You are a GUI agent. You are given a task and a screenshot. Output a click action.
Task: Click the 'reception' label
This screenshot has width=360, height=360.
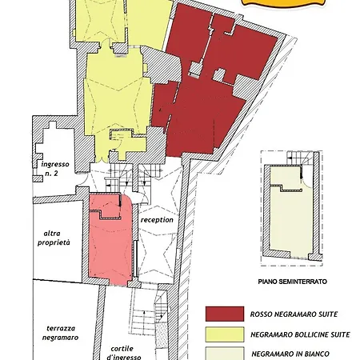point(157,220)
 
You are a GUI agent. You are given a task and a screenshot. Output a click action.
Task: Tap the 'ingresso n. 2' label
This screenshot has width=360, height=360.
point(54,169)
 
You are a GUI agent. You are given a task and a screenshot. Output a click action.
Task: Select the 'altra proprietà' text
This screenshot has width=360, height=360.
point(54,238)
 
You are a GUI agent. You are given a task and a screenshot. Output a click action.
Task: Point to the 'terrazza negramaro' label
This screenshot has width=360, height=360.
point(61,333)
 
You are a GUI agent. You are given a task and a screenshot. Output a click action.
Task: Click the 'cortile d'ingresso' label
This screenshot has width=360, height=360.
point(123,353)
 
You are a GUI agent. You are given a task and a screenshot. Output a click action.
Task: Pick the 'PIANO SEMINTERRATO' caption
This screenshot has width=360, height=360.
point(293,282)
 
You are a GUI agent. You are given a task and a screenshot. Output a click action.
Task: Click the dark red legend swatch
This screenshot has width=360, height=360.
point(225,314)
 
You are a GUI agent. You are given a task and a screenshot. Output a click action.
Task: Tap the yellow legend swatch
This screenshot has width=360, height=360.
point(225,334)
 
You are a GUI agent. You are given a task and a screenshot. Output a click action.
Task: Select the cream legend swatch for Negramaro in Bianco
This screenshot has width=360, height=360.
point(225,354)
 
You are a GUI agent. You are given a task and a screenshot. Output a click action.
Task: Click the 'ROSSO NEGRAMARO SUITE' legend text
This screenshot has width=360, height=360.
point(294,314)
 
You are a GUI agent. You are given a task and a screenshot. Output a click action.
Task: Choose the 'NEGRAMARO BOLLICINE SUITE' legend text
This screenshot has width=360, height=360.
point(300,334)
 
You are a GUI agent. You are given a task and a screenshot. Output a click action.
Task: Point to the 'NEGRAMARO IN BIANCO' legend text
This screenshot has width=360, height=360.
point(290,354)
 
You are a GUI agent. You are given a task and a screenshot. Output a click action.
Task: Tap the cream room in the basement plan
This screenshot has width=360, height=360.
point(291,218)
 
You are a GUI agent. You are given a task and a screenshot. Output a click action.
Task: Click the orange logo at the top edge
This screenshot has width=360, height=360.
point(284,3)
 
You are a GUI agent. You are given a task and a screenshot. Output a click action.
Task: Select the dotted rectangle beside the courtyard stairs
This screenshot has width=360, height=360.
point(162,335)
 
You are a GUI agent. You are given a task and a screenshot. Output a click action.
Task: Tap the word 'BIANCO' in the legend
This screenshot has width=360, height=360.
point(316,354)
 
